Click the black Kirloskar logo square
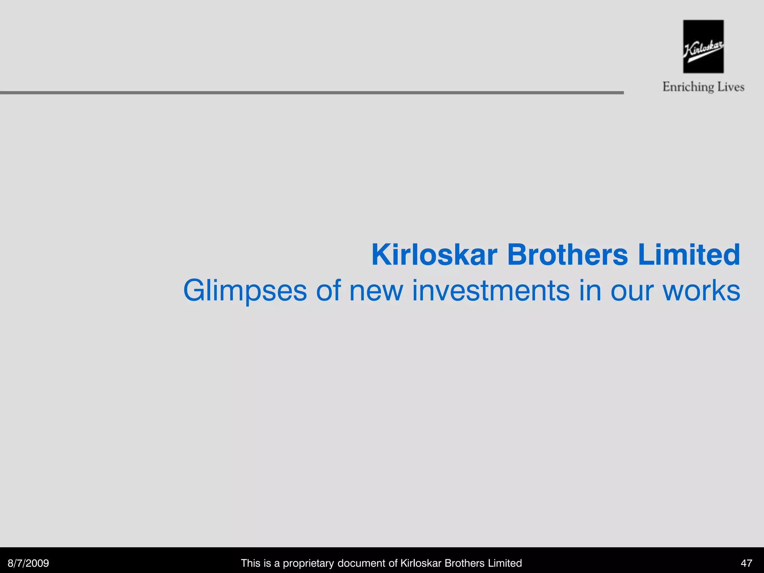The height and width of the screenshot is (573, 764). tap(703, 46)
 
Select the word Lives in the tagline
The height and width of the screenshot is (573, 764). tap(730, 87)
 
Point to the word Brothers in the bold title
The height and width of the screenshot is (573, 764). tap(567, 255)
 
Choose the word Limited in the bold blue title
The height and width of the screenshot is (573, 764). tap(689, 255)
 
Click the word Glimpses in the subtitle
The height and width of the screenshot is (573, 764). tap(245, 291)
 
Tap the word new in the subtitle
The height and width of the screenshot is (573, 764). tap(376, 291)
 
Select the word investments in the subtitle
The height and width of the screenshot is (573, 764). tap(491, 291)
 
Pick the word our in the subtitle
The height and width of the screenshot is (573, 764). tap(632, 291)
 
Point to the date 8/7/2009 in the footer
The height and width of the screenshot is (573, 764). tap(28, 563)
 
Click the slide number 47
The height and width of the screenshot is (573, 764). tap(746, 563)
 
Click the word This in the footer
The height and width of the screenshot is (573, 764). tap(250, 563)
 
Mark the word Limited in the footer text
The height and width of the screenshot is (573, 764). tap(505, 563)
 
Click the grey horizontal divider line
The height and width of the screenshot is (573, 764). tap(311, 93)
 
